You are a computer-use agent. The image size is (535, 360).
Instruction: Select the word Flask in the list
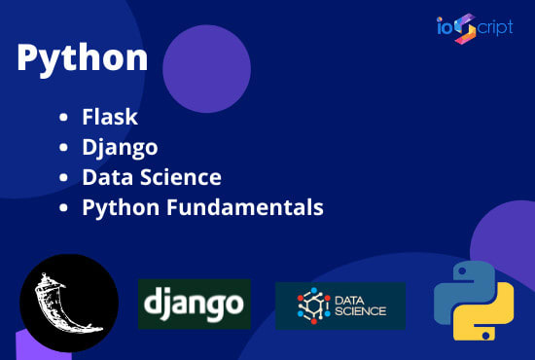click(110, 118)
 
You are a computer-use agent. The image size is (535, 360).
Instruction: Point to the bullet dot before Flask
click(63, 119)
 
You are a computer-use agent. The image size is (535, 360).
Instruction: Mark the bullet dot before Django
click(63, 149)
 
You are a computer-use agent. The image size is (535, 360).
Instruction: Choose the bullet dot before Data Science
click(63, 179)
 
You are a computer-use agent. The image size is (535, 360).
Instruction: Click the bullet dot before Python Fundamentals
click(63, 208)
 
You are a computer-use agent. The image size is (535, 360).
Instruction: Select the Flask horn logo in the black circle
click(68, 302)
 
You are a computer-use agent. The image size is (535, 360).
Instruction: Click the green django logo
click(194, 305)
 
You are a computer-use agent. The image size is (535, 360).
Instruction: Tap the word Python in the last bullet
click(115, 208)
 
